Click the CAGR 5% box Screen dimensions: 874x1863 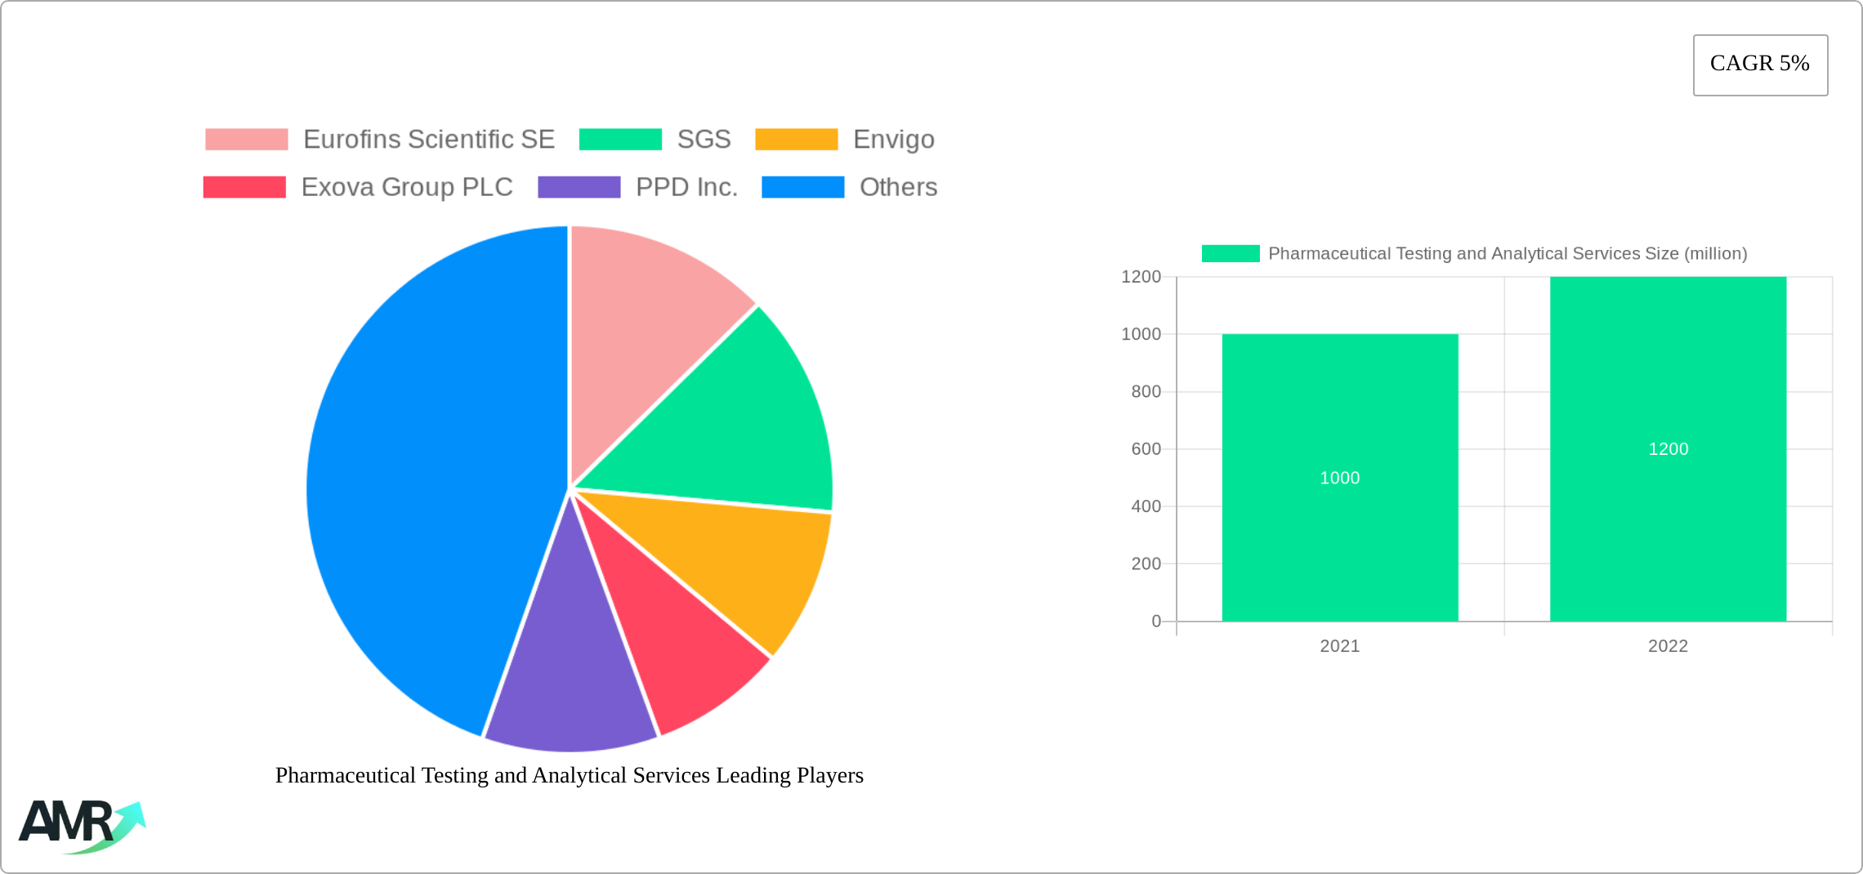[x=1759, y=65]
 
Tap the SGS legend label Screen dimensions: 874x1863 [x=704, y=140]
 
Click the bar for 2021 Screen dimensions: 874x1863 [x=1340, y=531]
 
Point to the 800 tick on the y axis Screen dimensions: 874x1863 [x=1146, y=392]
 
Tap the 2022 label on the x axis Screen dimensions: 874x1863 [x=1668, y=646]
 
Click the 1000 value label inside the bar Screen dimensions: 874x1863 [x=1340, y=478]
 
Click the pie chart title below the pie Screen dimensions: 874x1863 [x=570, y=775]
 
